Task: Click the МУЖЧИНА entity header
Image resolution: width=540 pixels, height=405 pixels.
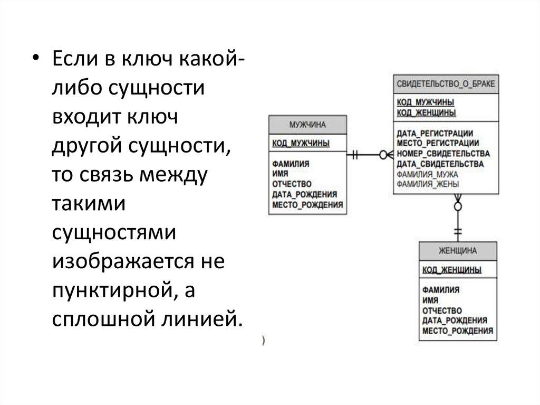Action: (x=307, y=125)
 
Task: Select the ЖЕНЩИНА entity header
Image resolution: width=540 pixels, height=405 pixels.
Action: (x=457, y=251)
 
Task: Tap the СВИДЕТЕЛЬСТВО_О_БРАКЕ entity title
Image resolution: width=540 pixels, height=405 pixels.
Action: (x=446, y=84)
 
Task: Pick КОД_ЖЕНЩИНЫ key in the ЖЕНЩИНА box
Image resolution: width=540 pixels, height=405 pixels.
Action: (x=451, y=270)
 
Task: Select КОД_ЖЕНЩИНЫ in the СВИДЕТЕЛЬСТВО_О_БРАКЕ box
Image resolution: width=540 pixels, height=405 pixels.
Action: (x=426, y=112)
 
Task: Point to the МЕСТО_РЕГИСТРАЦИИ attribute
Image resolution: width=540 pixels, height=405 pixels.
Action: (x=438, y=143)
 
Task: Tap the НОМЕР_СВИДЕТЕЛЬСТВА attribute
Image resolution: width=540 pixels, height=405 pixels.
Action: (x=443, y=153)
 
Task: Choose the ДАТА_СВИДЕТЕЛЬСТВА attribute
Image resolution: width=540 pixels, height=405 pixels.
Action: (x=440, y=164)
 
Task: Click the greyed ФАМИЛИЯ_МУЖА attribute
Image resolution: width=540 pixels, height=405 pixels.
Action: (x=427, y=174)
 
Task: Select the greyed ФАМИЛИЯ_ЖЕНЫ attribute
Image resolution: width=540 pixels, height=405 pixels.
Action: (x=427, y=184)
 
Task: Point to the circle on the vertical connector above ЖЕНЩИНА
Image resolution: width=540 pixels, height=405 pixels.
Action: (x=458, y=206)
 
